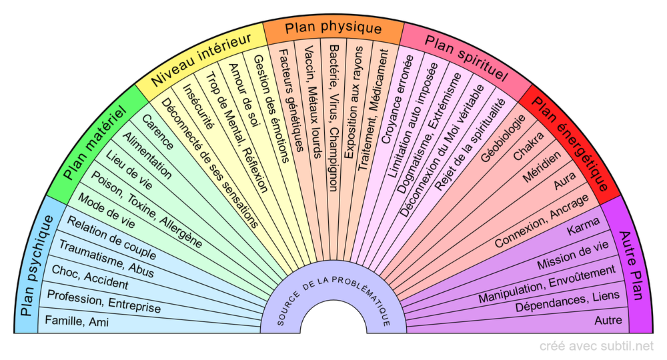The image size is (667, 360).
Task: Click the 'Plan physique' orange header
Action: [333, 27]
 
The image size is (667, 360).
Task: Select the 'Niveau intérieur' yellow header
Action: [201, 59]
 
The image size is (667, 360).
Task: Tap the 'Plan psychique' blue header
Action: [37, 265]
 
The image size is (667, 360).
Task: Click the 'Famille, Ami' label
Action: [77, 321]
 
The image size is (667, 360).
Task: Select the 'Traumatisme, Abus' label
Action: [106, 259]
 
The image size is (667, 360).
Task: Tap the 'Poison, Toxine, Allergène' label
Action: [147, 209]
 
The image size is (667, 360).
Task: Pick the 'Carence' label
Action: [157, 132]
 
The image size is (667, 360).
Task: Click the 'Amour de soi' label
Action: [243, 95]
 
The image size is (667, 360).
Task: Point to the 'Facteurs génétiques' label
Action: [291, 100]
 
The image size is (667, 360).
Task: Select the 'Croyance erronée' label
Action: [397, 99]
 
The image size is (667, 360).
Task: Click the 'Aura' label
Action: [564, 181]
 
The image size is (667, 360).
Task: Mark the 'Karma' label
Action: [583, 226]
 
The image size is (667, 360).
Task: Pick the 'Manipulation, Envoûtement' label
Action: [547, 284]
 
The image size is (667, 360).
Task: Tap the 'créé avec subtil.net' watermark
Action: [596, 346]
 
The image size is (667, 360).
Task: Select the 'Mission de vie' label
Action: [572, 255]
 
